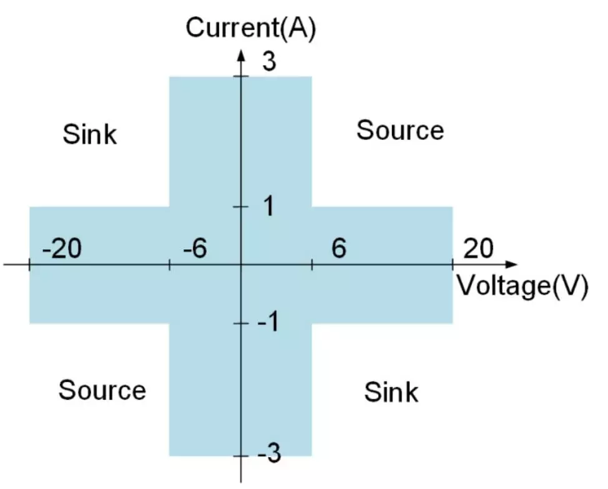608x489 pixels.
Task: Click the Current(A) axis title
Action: tap(251, 29)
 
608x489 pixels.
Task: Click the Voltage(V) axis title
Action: tap(523, 286)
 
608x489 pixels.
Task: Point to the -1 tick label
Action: tap(268, 323)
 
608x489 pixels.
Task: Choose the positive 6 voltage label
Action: tap(338, 249)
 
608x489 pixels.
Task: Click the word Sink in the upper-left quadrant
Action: tap(90, 134)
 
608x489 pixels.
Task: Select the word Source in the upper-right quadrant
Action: tap(400, 131)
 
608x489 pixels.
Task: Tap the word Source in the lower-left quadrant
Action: tap(102, 390)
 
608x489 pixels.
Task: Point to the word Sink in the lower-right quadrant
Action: tap(391, 392)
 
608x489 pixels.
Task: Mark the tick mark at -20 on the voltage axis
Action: tap(29, 265)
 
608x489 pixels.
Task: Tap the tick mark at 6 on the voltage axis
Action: tap(311, 265)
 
